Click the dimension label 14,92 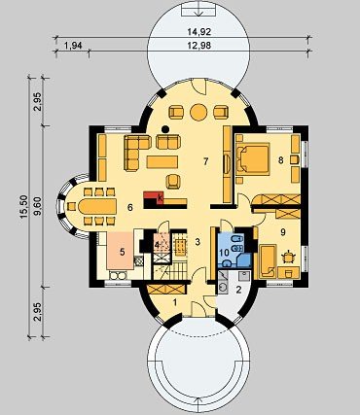click(199, 32)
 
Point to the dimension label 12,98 click(199, 46)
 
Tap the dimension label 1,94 click(73, 46)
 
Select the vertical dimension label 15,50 click(24, 207)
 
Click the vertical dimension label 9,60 click(39, 207)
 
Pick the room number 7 click(205, 161)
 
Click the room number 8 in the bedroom click(281, 159)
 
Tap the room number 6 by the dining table click(130, 207)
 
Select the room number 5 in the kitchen click(123, 252)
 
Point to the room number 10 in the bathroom click(224, 251)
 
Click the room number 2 click(238, 290)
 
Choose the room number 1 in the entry click(175, 302)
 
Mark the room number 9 click(283, 232)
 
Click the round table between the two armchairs click(198, 112)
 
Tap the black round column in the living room click(165, 129)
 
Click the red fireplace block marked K click(154, 197)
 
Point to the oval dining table click(97, 206)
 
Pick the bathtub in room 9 click(268, 261)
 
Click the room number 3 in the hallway click(198, 241)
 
